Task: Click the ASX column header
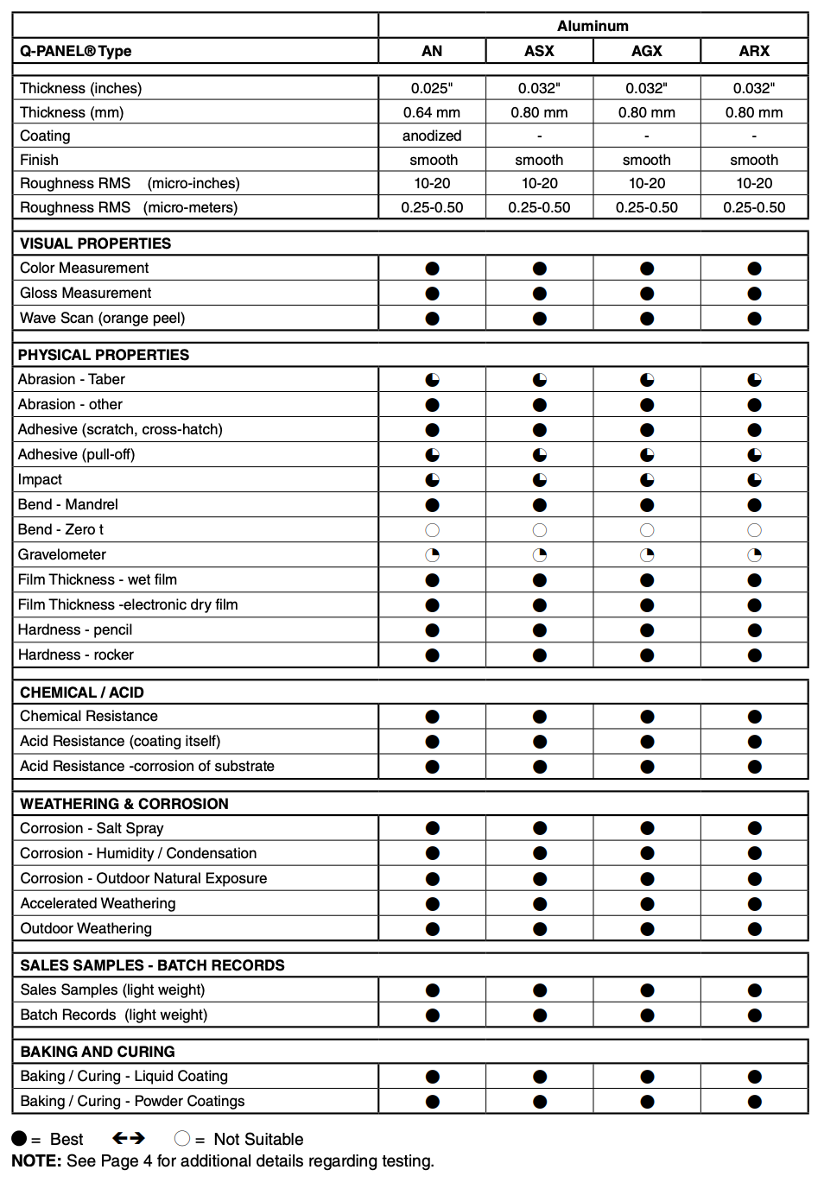click(539, 51)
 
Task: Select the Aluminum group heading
click(593, 26)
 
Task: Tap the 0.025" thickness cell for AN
click(432, 88)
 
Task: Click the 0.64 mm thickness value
click(432, 112)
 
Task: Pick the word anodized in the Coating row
click(432, 136)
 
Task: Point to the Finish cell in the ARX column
click(754, 160)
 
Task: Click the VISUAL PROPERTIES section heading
click(95, 243)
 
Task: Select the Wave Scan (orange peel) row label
click(102, 318)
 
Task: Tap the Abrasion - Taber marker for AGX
click(647, 380)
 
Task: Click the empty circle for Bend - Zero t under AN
click(433, 530)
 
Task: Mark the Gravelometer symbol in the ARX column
click(755, 555)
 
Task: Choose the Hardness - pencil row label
click(75, 629)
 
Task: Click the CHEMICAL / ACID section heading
click(82, 692)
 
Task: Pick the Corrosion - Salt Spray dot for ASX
click(540, 828)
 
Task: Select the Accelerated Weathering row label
click(98, 903)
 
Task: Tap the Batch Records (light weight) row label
click(113, 1015)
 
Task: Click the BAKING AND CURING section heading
click(98, 1052)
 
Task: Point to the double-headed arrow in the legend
click(129, 1138)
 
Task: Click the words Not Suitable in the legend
click(258, 1139)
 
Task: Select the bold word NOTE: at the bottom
click(36, 1161)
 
